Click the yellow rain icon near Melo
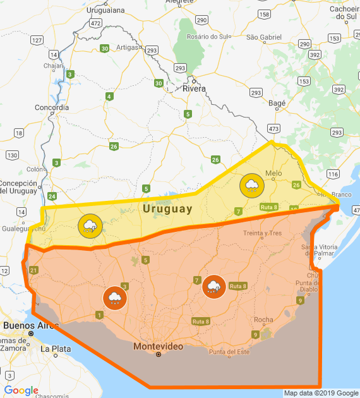251,185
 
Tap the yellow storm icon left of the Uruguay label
90,226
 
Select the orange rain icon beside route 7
213,286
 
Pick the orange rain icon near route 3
114,298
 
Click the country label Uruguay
167,208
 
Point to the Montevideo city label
158,347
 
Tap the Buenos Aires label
30,325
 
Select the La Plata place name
54,348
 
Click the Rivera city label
194,88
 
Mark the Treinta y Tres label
262,233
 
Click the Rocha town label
263,320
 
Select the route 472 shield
95,23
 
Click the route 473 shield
273,128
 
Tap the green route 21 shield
33,270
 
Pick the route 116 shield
333,174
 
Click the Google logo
21,390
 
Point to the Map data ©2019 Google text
321,393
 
